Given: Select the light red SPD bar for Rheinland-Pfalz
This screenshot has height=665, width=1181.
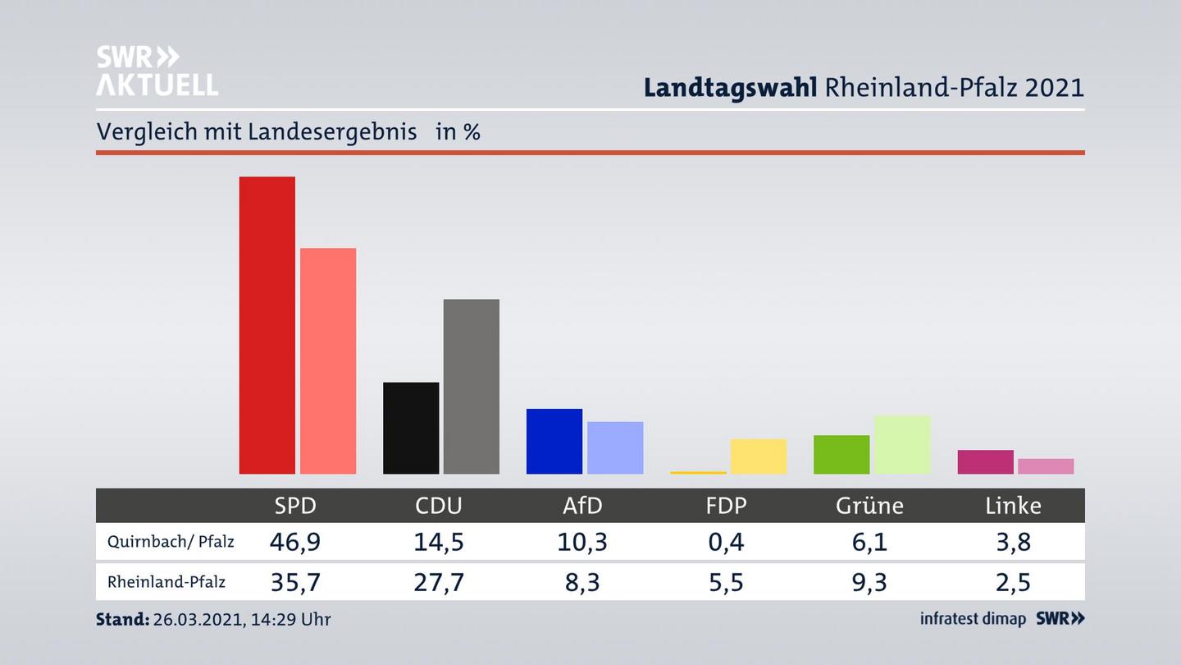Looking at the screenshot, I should (x=328, y=361).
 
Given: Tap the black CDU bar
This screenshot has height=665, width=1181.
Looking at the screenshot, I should (x=411, y=428).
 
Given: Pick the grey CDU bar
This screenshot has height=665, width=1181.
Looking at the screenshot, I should (x=472, y=386).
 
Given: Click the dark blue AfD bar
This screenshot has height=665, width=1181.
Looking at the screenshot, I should (x=554, y=441).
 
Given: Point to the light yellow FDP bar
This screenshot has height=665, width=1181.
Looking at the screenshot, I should (x=759, y=456).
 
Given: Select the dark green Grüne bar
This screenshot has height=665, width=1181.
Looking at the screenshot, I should (x=841, y=454).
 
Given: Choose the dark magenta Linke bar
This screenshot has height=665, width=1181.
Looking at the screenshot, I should (x=985, y=461).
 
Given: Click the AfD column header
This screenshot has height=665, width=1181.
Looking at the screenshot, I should (x=583, y=506).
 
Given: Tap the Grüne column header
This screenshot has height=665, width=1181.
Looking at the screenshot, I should (x=869, y=506).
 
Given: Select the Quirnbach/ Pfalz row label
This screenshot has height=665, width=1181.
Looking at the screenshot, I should (x=171, y=542).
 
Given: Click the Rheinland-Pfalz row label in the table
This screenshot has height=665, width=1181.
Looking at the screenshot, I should (x=166, y=582).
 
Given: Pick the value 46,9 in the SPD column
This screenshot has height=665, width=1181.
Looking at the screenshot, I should (x=295, y=542).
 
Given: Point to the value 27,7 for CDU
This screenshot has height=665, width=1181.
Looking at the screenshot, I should (x=439, y=582).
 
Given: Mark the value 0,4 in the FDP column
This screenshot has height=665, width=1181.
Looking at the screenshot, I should (x=727, y=542).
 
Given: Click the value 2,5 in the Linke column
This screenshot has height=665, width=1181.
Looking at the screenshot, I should (x=1014, y=582).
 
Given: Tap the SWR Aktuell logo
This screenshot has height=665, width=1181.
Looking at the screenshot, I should (x=157, y=71).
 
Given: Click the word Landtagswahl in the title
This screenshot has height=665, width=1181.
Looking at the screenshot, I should (x=730, y=87).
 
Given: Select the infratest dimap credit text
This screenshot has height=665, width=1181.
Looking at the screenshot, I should (x=973, y=619).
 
